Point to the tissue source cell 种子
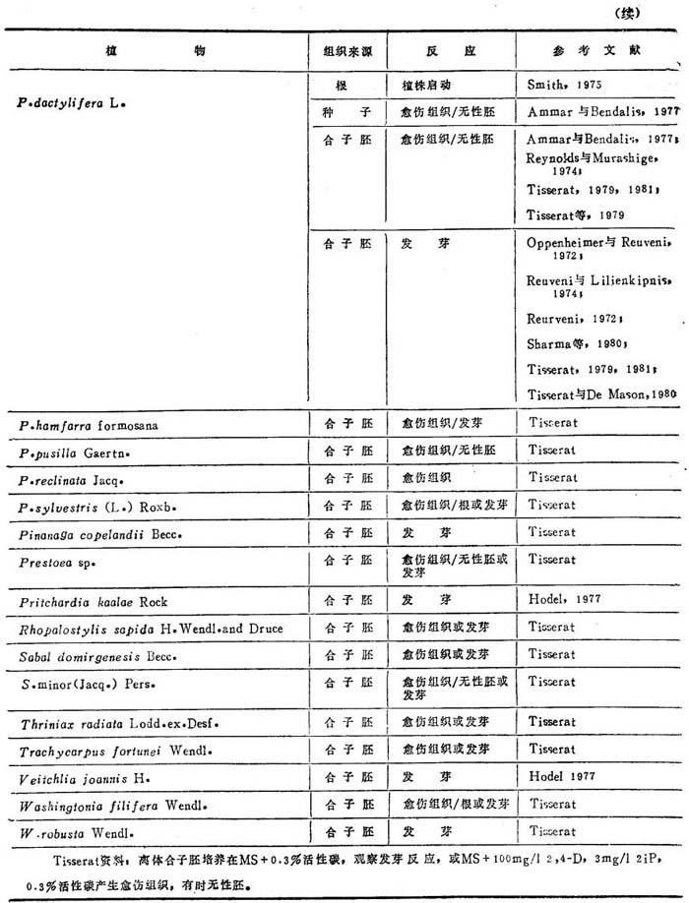[340, 111]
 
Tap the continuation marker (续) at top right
[654, 12]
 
